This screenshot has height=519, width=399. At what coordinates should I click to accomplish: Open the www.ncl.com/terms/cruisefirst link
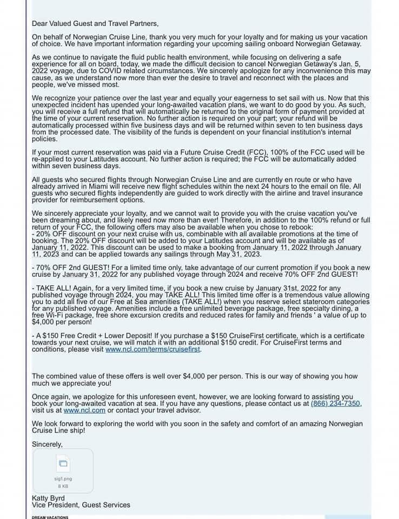pos(153,349)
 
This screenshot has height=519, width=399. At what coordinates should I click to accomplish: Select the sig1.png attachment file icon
pos(63,463)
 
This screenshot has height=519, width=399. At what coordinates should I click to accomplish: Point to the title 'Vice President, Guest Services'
pos(81,505)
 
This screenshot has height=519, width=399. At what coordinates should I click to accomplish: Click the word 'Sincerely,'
pos(48,444)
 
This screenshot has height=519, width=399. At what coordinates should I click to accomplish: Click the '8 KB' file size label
pos(63,486)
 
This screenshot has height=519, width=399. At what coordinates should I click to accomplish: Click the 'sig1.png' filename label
pos(63,479)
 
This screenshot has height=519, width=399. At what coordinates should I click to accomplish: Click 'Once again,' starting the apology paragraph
pos(52,396)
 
